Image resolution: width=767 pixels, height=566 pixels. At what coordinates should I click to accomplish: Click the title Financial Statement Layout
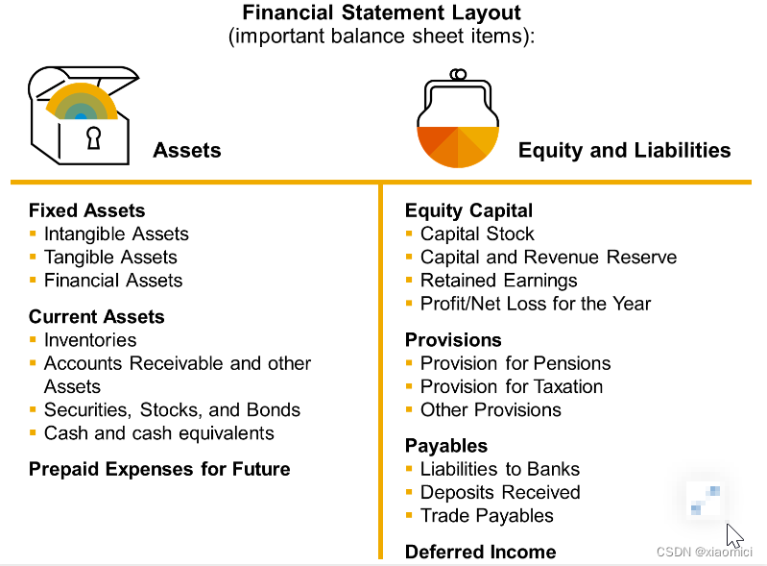click(381, 13)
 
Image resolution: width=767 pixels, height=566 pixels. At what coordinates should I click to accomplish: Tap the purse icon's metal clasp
click(459, 75)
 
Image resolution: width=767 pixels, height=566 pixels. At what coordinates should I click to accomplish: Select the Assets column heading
click(187, 150)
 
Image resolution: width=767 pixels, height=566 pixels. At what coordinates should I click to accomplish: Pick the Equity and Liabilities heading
click(624, 150)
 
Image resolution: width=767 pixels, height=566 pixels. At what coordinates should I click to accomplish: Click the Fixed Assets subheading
click(86, 210)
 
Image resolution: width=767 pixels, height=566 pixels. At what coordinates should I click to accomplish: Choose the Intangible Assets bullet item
click(116, 234)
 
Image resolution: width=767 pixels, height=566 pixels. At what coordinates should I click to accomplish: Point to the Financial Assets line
click(113, 281)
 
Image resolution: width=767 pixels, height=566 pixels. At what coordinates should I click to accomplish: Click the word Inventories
click(90, 340)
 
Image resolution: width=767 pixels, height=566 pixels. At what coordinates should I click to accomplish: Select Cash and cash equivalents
click(159, 432)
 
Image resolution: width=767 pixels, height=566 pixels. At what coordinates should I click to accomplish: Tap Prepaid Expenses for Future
click(159, 469)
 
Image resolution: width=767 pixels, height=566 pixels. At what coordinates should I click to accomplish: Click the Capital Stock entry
click(477, 234)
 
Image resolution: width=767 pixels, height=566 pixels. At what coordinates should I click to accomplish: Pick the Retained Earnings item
click(499, 281)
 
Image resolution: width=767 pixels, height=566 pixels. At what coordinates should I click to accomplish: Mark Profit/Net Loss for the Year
click(536, 304)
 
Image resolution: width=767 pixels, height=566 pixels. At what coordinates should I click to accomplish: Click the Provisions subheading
click(453, 340)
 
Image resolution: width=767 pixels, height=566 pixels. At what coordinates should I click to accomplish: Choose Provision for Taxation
click(512, 386)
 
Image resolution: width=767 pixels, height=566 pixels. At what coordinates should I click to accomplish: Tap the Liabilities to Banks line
click(500, 469)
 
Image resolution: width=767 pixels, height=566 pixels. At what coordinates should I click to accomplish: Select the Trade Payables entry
click(487, 515)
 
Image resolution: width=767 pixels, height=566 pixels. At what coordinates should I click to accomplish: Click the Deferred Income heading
click(480, 552)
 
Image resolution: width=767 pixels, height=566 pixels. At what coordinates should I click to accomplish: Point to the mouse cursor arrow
click(734, 535)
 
